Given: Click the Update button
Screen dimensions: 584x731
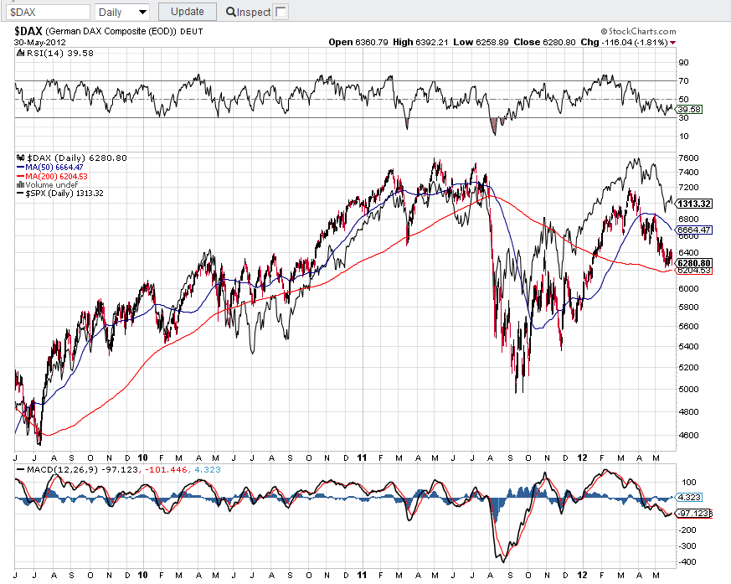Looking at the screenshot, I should (187, 12).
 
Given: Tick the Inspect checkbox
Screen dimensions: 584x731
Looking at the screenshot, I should (281, 12).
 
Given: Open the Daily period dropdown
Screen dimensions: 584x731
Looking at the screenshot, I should (123, 12).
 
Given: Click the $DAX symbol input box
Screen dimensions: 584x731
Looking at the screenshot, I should (48, 12).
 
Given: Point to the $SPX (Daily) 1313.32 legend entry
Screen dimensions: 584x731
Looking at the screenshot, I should (64, 194).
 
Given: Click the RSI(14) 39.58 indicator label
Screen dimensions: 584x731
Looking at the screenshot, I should (49, 54).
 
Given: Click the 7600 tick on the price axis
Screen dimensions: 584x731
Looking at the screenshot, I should (689, 158).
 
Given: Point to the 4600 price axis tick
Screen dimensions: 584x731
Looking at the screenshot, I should (689, 435).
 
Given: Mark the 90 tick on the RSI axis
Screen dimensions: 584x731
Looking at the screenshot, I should (683, 62).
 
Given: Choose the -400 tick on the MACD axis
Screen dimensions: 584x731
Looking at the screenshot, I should (687, 561).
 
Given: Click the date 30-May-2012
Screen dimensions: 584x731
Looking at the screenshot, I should (39, 42).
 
